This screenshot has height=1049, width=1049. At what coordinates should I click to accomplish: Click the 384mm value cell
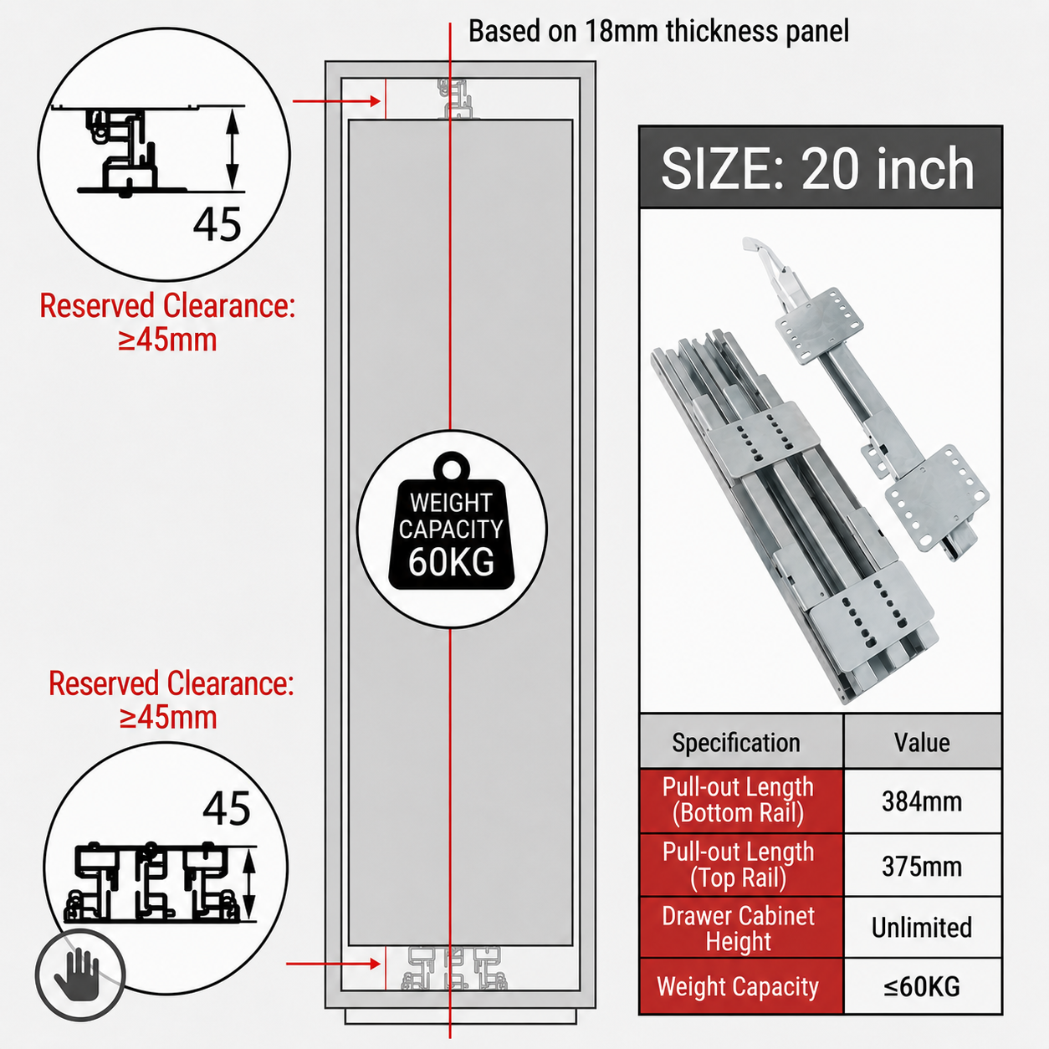[x=922, y=802]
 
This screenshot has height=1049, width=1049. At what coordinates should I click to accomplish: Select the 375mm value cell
[x=922, y=867]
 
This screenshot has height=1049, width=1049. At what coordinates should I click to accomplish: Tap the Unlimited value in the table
[x=922, y=928]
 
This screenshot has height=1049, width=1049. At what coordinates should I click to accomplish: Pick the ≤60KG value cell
[x=922, y=986]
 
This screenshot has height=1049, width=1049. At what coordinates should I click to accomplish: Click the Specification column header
[x=736, y=743]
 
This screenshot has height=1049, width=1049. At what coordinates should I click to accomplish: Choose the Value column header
[x=922, y=743]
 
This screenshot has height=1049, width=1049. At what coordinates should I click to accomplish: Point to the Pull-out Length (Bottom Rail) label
[x=738, y=801]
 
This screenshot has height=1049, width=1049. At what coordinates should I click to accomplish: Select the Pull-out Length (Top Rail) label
[x=738, y=865]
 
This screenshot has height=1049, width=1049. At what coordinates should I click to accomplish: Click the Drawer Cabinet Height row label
[x=738, y=929]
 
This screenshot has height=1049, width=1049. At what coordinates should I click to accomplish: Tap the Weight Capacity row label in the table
[x=738, y=987]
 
